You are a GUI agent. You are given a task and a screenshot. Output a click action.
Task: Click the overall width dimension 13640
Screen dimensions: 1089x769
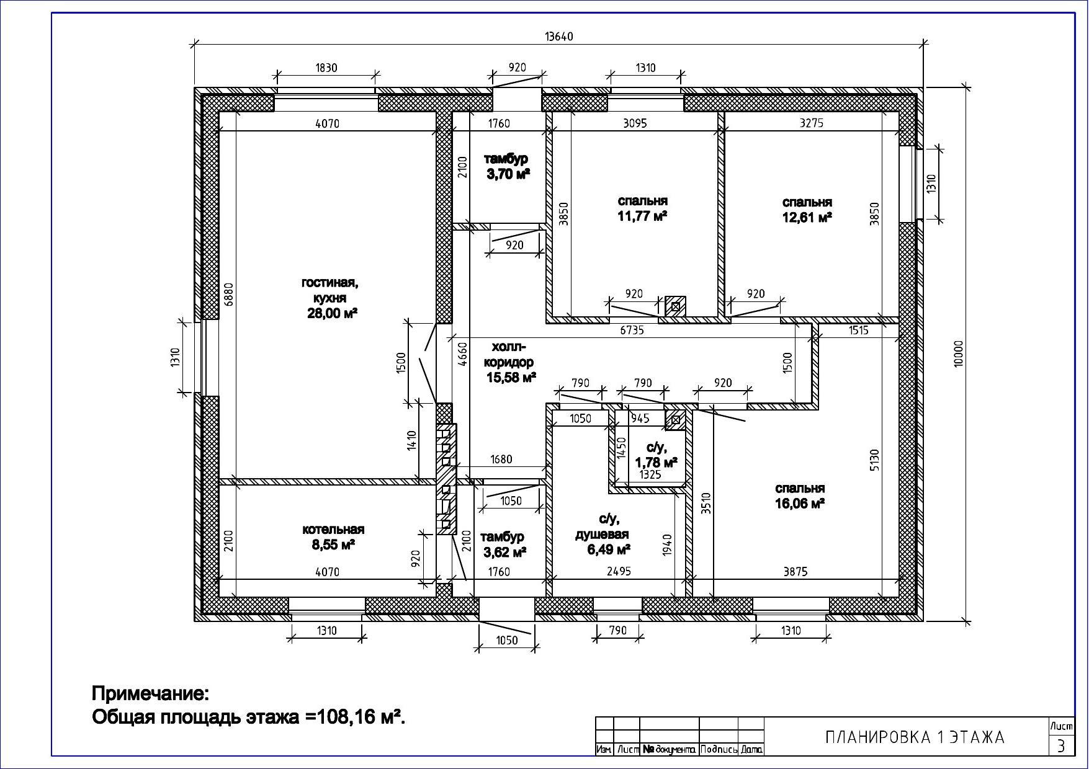click(558, 37)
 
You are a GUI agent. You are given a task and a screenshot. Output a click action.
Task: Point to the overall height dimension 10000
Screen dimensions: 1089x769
click(959, 354)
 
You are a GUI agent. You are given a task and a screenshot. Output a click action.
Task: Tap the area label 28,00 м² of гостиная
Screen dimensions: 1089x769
click(333, 313)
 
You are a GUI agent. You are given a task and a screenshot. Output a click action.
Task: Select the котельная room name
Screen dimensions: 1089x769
click(333, 530)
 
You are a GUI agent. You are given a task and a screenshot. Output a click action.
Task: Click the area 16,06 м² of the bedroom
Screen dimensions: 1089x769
click(800, 504)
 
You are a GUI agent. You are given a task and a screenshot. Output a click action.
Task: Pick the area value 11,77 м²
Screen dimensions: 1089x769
click(642, 216)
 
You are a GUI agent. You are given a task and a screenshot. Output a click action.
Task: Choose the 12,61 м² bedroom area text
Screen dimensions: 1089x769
click(807, 217)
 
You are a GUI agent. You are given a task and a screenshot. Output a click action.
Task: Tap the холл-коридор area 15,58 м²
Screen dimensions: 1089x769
click(511, 377)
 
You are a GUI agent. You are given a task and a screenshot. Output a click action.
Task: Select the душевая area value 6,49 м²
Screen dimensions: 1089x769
click(609, 549)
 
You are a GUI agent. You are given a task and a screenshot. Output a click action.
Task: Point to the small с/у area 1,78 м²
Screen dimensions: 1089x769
click(656, 463)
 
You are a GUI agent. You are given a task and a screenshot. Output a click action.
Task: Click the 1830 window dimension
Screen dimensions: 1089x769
click(326, 68)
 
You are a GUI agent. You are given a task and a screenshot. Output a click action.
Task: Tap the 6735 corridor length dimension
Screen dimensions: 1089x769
click(632, 331)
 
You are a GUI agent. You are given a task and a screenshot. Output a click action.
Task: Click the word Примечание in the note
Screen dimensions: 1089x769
click(151, 692)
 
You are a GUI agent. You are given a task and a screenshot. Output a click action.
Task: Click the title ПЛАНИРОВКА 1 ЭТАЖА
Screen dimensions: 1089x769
click(915, 737)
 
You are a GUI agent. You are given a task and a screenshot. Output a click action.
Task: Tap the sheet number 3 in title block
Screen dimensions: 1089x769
click(1061, 745)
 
